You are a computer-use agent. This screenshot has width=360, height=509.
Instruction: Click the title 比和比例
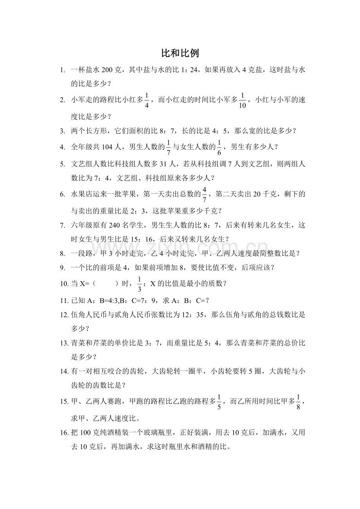[x=180, y=53]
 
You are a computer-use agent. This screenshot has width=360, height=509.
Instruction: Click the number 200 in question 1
[x=107, y=70]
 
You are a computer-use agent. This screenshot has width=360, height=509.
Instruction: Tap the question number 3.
[x=62, y=131]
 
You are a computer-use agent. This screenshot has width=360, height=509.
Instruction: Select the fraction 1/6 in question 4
[x=220, y=147]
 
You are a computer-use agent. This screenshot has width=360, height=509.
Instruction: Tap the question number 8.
[x=62, y=253]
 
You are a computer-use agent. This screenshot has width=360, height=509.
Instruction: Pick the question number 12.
[x=64, y=314]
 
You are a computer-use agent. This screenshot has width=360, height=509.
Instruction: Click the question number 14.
[x=64, y=371]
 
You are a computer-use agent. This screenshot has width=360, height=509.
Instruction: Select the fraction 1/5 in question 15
[x=219, y=402]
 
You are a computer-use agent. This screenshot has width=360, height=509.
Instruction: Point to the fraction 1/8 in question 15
[x=298, y=402]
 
